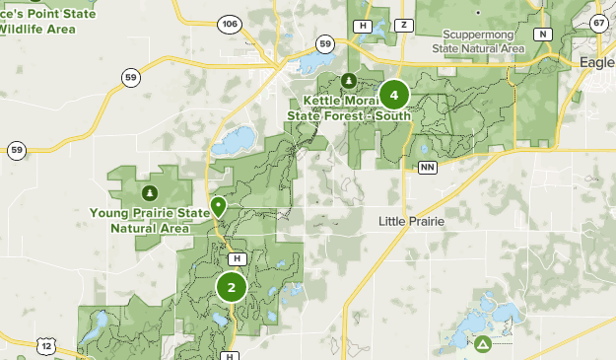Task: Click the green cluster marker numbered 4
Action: pyautogui.click(x=394, y=95)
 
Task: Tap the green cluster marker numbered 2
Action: pyautogui.click(x=232, y=288)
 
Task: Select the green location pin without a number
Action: pyautogui.click(x=218, y=207)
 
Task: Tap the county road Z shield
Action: pyautogui.click(x=403, y=25)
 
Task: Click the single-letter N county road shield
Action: pyautogui.click(x=542, y=34)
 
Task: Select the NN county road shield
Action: pyautogui.click(x=427, y=168)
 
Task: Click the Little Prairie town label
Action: pyautogui.click(x=412, y=222)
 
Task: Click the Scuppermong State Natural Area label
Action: pyautogui.click(x=479, y=40)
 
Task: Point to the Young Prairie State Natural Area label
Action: pyautogui.click(x=150, y=220)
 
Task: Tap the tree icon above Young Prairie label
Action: pyautogui.click(x=149, y=192)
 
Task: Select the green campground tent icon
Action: pyautogui.click(x=483, y=344)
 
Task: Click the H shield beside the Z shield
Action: pyautogui.click(x=363, y=25)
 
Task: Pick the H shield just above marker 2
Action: pyautogui.click(x=236, y=258)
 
